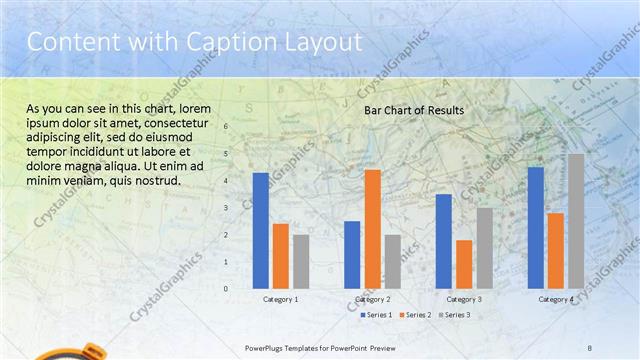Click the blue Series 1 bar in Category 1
click(x=261, y=230)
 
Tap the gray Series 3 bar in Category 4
click(x=576, y=221)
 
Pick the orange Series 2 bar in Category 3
click(x=464, y=264)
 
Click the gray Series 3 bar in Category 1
click(x=301, y=261)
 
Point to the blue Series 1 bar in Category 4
click(x=536, y=227)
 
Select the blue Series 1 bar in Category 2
click(x=352, y=254)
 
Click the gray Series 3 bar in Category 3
click(x=484, y=248)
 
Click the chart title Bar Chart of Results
click(x=413, y=110)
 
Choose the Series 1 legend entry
click(x=374, y=315)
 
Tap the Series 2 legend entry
click(x=414, y=315)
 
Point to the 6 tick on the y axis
click(x=226, y=127)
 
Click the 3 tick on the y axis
click(x=226, y=208)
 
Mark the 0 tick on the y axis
click(x=226, y=289)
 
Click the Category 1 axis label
click(x=281, y=299)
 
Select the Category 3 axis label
click(x=464, y=299)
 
